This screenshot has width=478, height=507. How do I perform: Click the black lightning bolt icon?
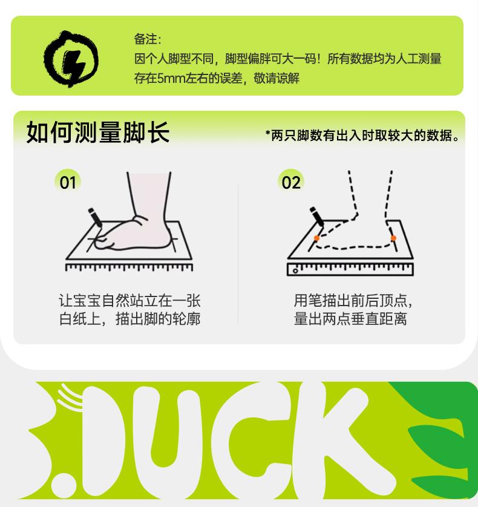tap(71, 59)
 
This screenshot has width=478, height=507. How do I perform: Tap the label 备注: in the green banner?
tap(148, 39)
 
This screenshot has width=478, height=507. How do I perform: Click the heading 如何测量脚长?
tap(98, 132)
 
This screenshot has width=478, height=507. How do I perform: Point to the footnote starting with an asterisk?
tap(362, 136)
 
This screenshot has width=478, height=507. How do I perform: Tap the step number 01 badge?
tap(68, 182)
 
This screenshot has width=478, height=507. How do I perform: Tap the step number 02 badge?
tap(291, 182)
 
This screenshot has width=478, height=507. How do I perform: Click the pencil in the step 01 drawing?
tap(95, 218)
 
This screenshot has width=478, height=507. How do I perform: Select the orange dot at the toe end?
tap(316, 238)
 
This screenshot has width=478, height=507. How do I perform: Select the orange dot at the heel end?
tap(393, 238)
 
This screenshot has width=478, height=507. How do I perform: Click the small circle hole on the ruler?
tap(295, 271)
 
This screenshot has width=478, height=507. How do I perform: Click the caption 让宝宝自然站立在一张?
tap(129, 300)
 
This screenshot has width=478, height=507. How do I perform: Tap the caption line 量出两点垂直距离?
tap(350, 318)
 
